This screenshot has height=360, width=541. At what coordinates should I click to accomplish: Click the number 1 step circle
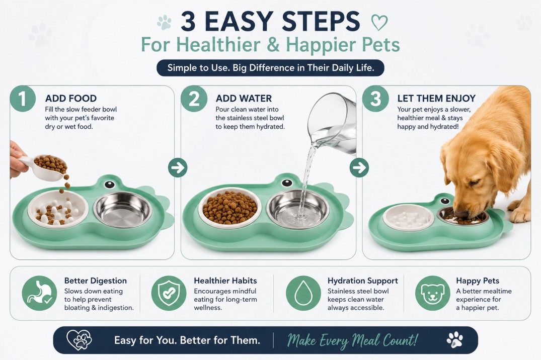(x=23, y=98)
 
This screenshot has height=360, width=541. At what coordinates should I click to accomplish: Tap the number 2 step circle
(x=194, y=98)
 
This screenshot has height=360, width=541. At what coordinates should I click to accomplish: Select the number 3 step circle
(x=375, y=98)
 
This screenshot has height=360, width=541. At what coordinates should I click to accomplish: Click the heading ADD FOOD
(x=71, y=98)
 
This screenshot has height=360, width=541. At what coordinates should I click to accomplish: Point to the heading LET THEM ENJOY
(x=436, y=98)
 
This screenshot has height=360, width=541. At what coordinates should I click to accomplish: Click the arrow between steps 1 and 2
(x=178, y=168)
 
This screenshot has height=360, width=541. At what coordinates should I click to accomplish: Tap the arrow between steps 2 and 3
(x=359, y=168)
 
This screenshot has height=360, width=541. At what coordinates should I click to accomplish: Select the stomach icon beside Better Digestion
(x=39, y=293)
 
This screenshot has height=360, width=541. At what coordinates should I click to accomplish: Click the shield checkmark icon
(x=169, y=293)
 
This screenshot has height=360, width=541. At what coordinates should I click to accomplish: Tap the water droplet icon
(x=303, y=293)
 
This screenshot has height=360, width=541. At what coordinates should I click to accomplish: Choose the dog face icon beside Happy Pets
(x=433, y=293)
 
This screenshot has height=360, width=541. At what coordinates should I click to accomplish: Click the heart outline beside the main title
(x=379, y=23)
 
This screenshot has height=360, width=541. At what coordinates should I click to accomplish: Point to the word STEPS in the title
(x=321, y=22)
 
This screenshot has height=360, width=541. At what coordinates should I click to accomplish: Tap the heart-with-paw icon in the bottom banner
(x=80, y=340)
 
